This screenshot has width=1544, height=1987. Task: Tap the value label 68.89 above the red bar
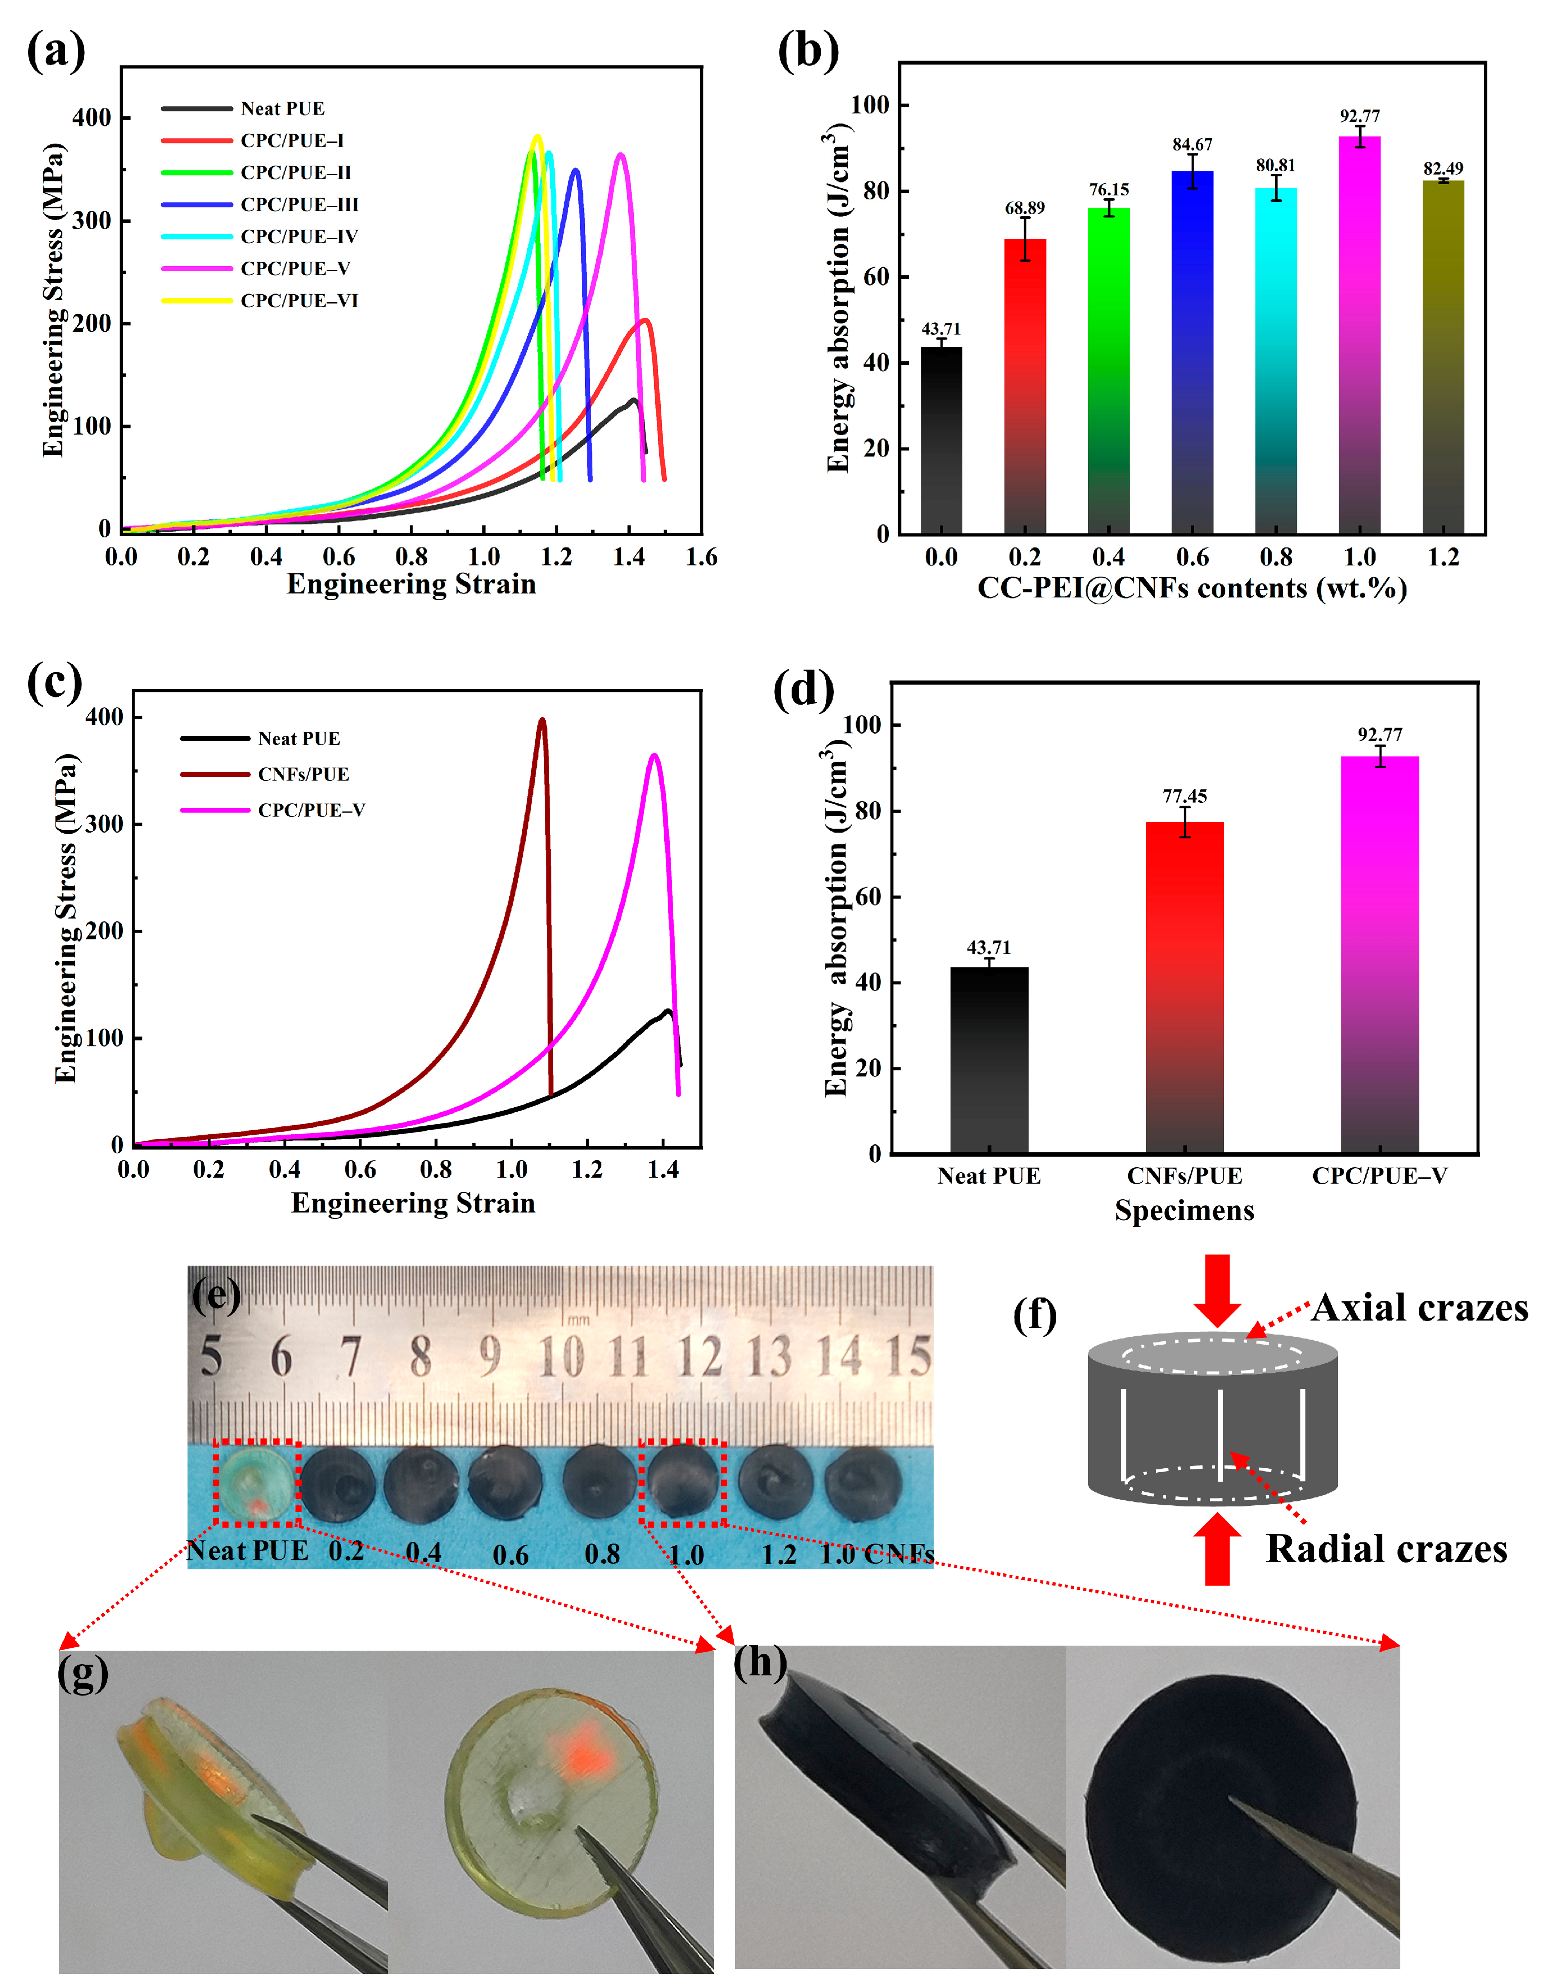tap(1025, 208)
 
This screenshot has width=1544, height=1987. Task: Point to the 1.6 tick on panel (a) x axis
tap(701, 557)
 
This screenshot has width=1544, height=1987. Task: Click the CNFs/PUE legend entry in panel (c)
tap(303, 774)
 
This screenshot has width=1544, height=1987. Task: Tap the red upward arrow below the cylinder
tap(1217, 1549)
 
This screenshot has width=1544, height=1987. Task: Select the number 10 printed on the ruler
tap(560, 1358)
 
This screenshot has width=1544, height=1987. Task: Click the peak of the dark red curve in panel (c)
tap(542, 720)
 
